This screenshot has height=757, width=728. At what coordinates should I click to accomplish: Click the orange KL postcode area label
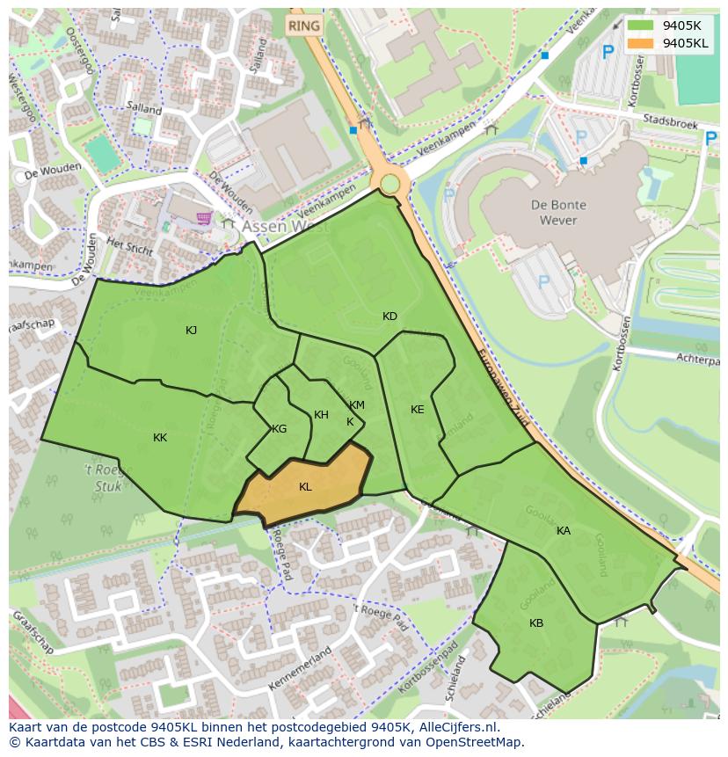tap(305, 487)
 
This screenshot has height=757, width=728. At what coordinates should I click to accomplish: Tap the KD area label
tap(389, 317)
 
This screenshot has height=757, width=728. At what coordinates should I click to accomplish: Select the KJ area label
tap(192, 331)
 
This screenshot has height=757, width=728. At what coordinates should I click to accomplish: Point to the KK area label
tap(160, 438)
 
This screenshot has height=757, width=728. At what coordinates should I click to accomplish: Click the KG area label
tap(279, 429)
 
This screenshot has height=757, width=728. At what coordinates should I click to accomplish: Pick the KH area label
tap(321, 415)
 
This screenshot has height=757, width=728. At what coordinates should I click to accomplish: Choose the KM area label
tap(356, 405)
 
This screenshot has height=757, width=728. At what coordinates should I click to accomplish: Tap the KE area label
tap(417, 410)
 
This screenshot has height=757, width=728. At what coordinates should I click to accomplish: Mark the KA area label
tap(564, 531)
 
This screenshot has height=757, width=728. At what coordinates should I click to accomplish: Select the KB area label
tap(536, 623)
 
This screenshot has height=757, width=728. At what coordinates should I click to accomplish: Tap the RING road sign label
tap(304, 26)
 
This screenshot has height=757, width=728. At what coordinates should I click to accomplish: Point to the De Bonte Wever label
tap(558, 212)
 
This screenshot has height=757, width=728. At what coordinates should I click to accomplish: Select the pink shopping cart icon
tap(204, 218)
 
